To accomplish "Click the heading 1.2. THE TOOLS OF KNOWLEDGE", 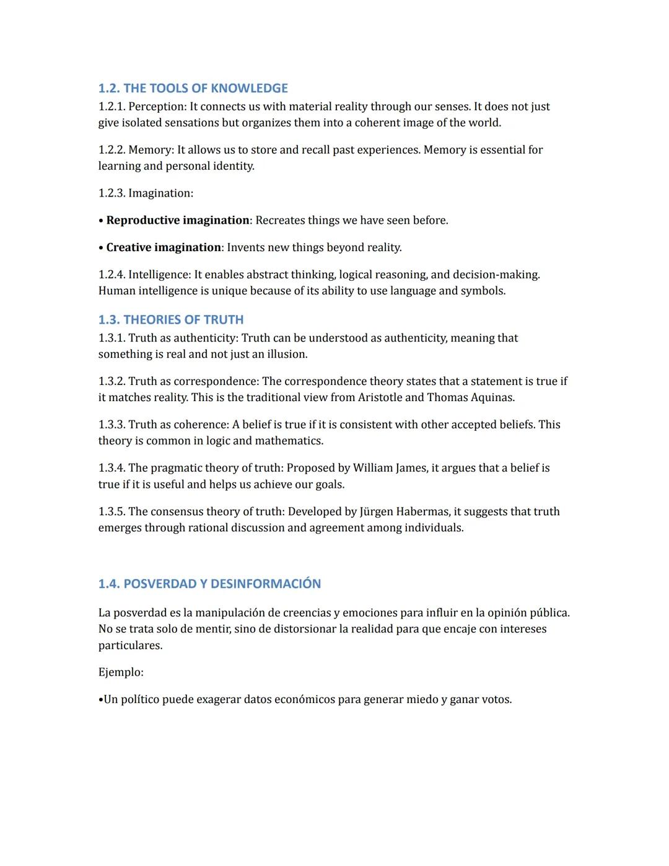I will click(193, 88).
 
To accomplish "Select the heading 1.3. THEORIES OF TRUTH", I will click(171, 320).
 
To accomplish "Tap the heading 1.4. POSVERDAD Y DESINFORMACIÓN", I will click(209, 584).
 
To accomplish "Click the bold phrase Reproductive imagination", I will click(177, 221).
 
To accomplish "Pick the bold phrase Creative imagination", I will click(164, 248).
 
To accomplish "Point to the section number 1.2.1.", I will click(111, 107).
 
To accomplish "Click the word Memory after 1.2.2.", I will click(151, 150).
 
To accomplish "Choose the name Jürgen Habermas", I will click(404, 511).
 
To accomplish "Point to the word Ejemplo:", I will click(121, 673).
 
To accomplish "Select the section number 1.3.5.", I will click(111, 511).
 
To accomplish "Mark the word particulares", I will click(130, 646).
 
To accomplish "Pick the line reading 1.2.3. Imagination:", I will click(146, 193).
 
